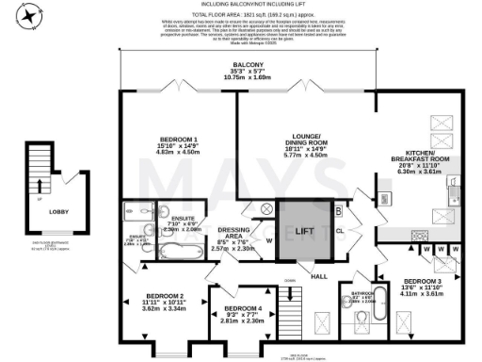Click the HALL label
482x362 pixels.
pos(320,275)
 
